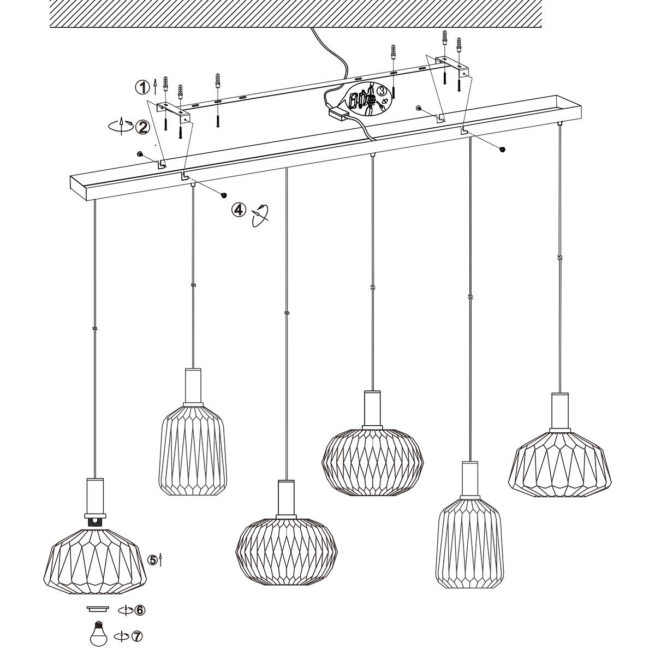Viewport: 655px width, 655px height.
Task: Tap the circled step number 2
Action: [143, 128]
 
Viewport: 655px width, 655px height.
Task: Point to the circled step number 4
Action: [237, 210]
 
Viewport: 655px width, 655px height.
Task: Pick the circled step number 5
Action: [153, 559]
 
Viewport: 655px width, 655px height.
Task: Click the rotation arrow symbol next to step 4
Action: [260, 215]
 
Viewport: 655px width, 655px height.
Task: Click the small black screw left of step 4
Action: [223, 195]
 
